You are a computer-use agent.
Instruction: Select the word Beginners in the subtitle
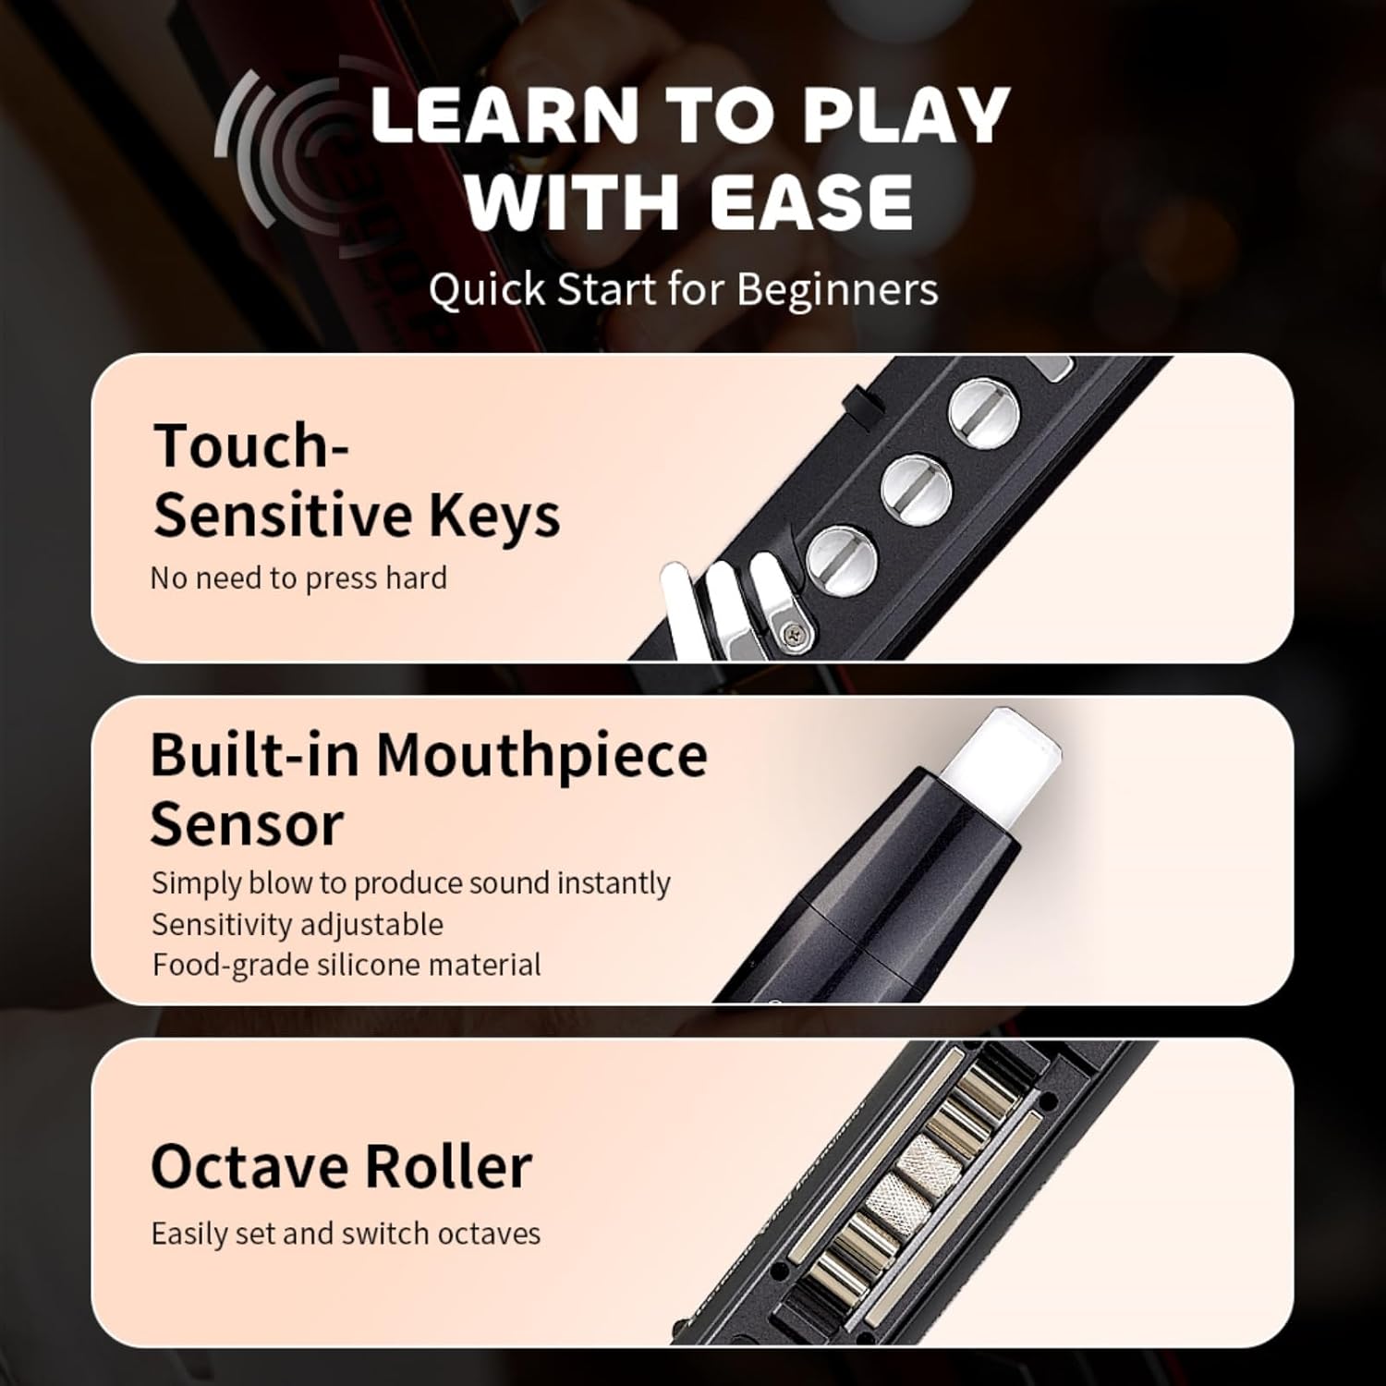(x=837, y=289)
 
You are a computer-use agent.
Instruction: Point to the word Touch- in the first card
(x=250, y=446)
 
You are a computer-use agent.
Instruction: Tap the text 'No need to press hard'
(x=298, y=578)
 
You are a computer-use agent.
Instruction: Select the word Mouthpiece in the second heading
(x=541, y=756)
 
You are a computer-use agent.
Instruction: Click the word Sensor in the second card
(x=247, y=824)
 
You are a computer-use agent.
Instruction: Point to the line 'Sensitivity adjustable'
(x=298, y=924)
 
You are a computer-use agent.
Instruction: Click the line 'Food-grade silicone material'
(x=346, y=965)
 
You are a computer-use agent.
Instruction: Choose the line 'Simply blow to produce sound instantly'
(x=411, y=883)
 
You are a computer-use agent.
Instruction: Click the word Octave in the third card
(x=249, y=1166)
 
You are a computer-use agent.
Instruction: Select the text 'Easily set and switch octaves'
(x=346, y=1234)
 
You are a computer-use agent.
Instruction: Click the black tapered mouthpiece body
(x=887, y=887)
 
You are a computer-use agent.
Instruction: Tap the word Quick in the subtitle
(x=487, y=289)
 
